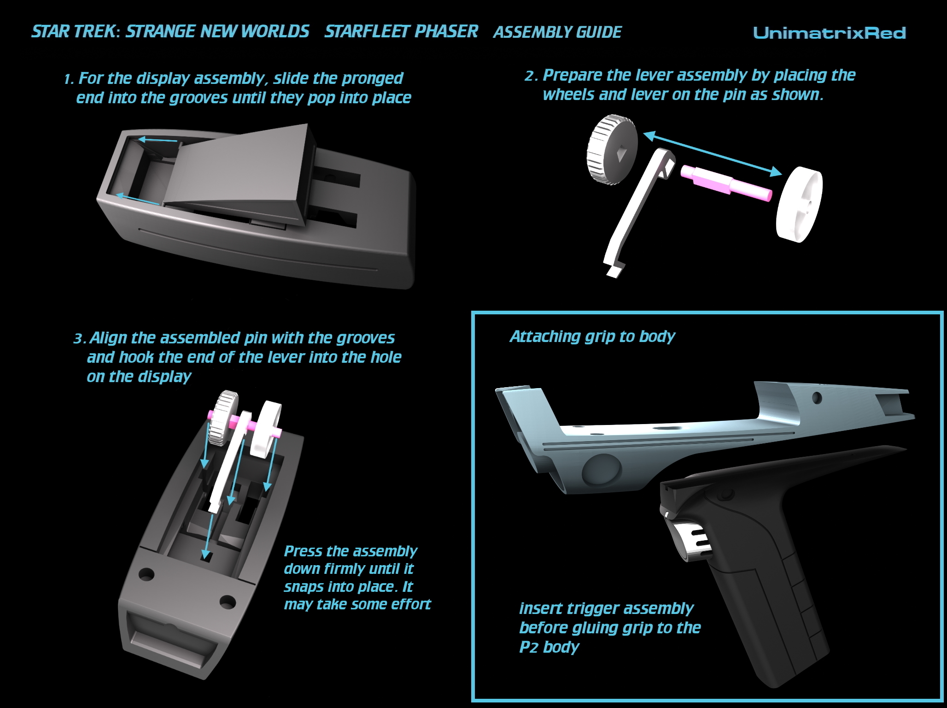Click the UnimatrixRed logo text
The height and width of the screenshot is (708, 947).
829,33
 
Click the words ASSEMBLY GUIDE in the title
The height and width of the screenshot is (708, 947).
557,32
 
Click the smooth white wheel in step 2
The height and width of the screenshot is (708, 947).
799,205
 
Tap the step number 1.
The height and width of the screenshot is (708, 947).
69,79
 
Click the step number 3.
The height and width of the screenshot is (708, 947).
79,339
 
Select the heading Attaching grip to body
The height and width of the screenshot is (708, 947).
592,336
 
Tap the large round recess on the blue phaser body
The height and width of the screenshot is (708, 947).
599,472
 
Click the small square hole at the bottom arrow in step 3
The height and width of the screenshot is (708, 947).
207,556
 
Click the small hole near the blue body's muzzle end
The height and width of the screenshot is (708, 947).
817,397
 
